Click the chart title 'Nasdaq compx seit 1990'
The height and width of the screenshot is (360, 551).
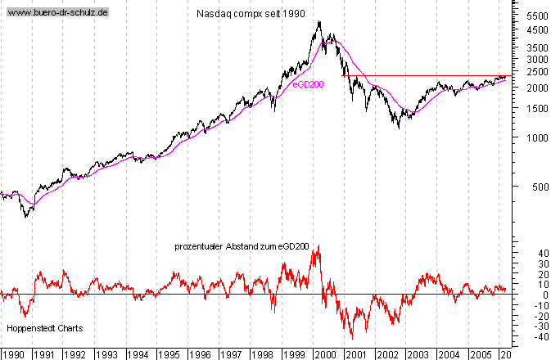(x=251, y=14)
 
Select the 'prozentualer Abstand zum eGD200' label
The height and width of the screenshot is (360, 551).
(x=234, y=246)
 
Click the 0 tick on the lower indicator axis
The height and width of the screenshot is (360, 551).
(x=522, y=295)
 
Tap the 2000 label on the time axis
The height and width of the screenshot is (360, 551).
(x=326, y=353)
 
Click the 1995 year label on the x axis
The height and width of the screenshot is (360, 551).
(x=169, y=353)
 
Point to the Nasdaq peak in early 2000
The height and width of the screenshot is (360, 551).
(x=318, y=22)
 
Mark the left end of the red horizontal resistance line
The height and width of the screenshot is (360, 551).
(x=342, y=75)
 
